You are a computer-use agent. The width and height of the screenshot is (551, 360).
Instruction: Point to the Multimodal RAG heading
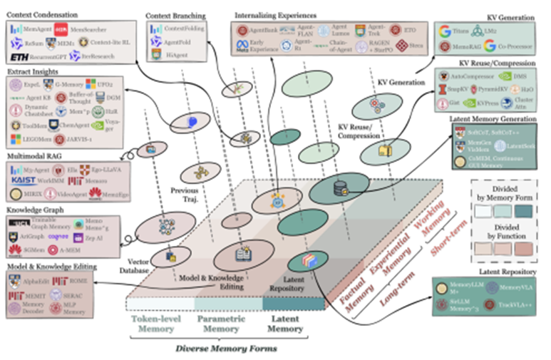(x=36, y=154)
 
